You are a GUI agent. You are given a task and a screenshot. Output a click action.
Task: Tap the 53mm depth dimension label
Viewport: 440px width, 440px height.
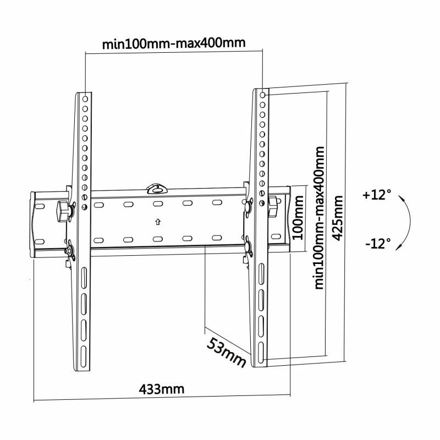pos(226,352)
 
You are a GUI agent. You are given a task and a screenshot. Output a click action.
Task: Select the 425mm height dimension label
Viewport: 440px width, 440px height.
pos(338,218)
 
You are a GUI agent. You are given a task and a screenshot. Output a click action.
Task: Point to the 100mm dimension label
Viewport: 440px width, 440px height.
pos(297,219)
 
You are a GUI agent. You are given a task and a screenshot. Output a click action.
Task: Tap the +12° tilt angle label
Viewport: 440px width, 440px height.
pos(377,195)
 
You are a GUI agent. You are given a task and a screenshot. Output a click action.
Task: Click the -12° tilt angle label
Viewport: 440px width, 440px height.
pos(377,242)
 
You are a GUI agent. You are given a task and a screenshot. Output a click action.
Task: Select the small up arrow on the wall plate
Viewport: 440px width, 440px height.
pos(157,223)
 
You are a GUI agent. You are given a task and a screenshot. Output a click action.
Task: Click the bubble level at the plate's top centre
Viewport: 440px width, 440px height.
pos(157,189)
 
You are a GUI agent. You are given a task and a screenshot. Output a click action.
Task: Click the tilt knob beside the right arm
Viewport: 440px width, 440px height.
pos(273,203)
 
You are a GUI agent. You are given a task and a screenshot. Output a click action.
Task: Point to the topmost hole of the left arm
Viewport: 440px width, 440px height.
pos(85,95)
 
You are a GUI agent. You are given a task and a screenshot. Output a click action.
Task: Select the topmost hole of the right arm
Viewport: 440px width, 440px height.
pos(262,95)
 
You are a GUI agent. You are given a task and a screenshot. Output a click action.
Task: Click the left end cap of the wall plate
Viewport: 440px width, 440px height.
pos(37,224)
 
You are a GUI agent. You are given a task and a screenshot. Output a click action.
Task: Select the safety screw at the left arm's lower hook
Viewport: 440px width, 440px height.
pos(70,252)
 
